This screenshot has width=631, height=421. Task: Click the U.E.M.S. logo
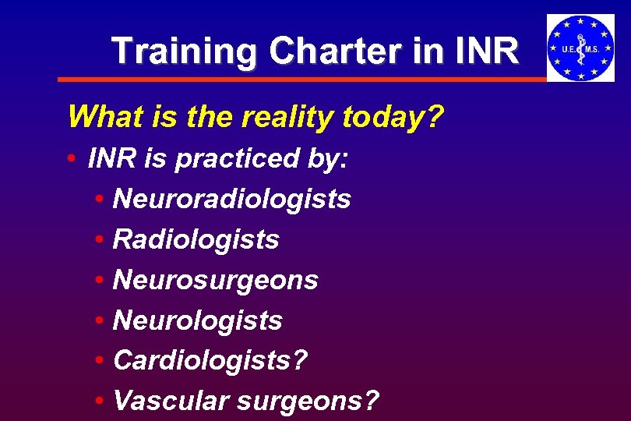click(x=580, y=48)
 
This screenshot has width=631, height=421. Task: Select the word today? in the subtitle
click(x=395, y=118)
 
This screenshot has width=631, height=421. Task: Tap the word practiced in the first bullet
click(x=235, y=159)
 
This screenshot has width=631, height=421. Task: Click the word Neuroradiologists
click(x=231, y=200)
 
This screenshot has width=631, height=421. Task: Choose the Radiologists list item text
click(x=196, y=240)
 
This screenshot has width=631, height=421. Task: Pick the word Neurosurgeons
click(x=215, y=281)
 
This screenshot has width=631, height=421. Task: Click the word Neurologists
click(x=197, y=320)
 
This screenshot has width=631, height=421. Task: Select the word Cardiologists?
click(x=210, y=361)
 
